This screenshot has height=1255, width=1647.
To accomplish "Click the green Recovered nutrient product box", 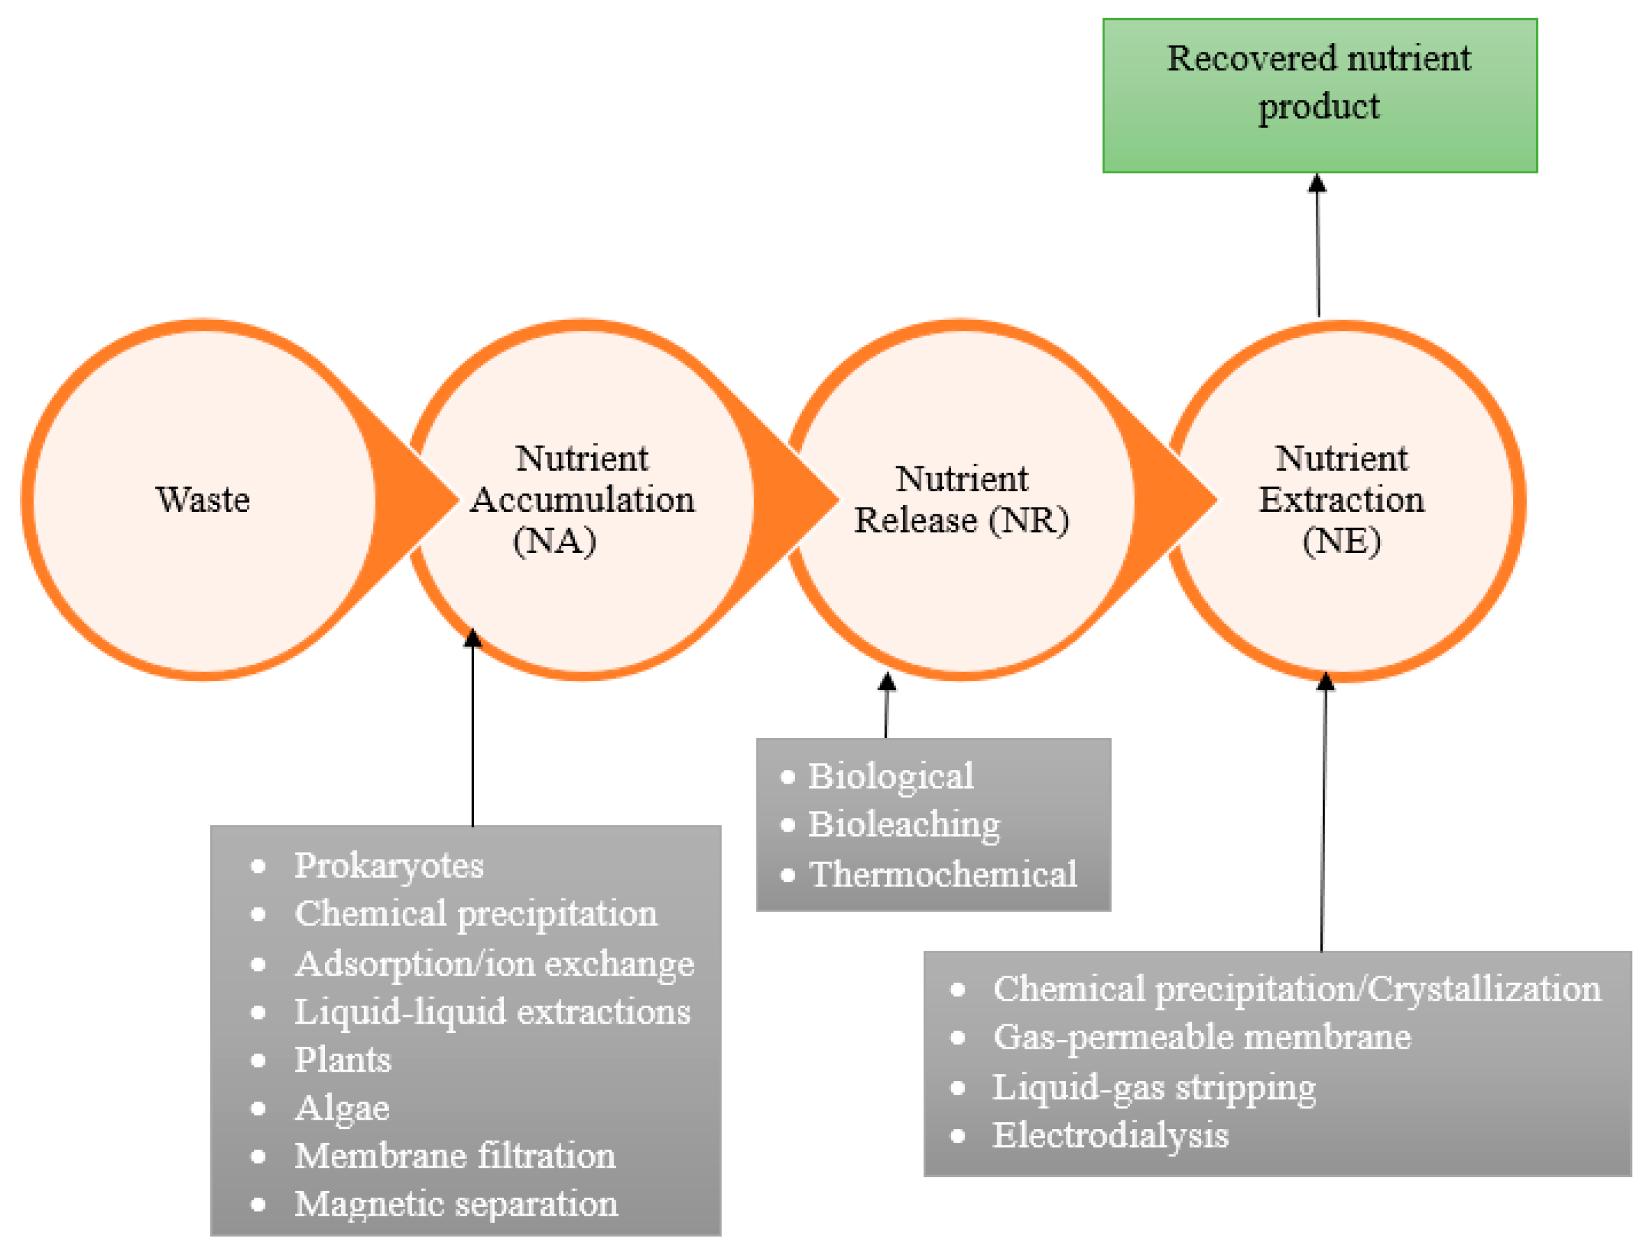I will [x=1319, y=95].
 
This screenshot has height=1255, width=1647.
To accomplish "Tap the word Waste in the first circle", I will [x=203, y=499].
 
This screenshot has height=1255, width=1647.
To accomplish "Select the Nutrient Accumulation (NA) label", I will [x=581, y=499].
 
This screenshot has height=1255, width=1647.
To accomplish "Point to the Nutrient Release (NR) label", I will [x=961, y=499].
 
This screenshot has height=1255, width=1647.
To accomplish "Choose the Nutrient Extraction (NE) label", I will [x=1341, y=499].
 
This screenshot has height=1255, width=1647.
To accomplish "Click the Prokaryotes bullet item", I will [x=389, y=866].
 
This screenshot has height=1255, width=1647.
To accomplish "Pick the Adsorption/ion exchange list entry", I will [x=494, y=964].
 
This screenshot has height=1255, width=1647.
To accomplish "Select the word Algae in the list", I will [x=342, y=1108].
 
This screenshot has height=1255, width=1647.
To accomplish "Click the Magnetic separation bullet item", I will [x=456, y=1205].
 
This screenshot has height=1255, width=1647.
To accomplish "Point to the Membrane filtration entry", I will [x=455, y=1156].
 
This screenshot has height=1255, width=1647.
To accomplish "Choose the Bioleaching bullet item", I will [x=904, y=825].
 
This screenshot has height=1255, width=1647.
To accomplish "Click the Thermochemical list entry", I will [x=942, y=875].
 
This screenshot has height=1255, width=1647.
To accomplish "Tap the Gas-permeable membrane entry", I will [x=1201, y=1037].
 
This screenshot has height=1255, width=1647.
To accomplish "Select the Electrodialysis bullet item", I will [x=1109, y=1135].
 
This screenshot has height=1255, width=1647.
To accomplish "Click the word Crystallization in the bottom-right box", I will [x=1484, y=989].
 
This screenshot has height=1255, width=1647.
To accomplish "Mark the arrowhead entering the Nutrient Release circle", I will [x=886, y=681].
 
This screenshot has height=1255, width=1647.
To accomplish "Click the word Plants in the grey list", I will [x=342, y=1060].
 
